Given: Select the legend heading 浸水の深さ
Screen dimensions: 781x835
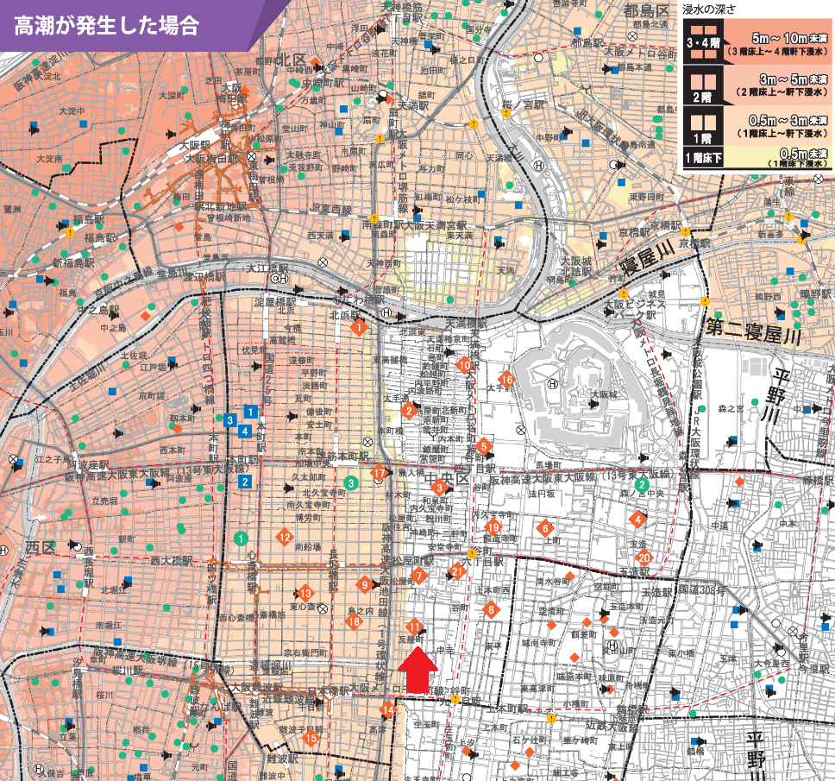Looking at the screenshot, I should [x=710, y=10].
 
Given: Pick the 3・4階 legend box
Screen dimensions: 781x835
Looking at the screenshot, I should [x=701, y=45].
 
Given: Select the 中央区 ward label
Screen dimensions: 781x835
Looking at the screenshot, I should [x=449, y=477].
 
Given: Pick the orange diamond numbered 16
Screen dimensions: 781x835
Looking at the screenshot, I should [x=507, y=380].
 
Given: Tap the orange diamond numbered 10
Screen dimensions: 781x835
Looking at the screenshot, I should [x=466, y=365].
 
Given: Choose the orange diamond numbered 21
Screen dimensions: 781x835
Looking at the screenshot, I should [x=457, y=570].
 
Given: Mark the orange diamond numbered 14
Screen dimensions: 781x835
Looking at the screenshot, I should [x=388, y=710].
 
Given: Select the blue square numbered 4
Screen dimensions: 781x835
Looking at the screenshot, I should [x=246, y=430].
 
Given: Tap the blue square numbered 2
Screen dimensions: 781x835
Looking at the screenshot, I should [x=246, y=482].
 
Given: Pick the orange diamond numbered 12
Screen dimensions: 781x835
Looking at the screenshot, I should [x=284, y=537].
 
